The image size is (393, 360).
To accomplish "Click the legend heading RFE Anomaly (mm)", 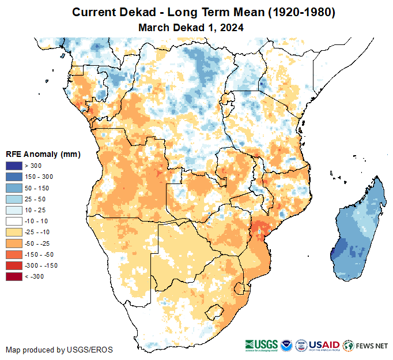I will coord(43,154).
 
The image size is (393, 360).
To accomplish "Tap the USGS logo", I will coord(262,346).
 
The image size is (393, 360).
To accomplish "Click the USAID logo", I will coord(324,346).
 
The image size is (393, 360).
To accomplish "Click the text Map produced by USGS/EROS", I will coord(59,350).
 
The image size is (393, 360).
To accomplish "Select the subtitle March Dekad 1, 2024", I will coord(191,27).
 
